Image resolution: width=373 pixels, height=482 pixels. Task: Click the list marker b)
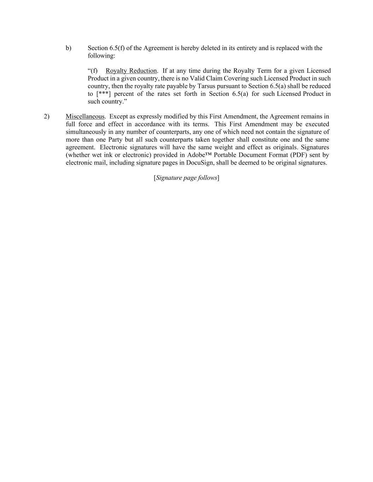point(68,48)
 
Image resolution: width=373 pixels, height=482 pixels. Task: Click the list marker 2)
point(47,117)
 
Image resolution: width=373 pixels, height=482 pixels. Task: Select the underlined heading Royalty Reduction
point(131,71)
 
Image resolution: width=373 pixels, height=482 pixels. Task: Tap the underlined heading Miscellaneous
point(85,117)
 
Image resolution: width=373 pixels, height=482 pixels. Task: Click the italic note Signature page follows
point(186,178)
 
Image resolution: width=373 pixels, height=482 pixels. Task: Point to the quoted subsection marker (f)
point(93,71)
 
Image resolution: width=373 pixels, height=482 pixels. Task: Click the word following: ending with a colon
point(101,56)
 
